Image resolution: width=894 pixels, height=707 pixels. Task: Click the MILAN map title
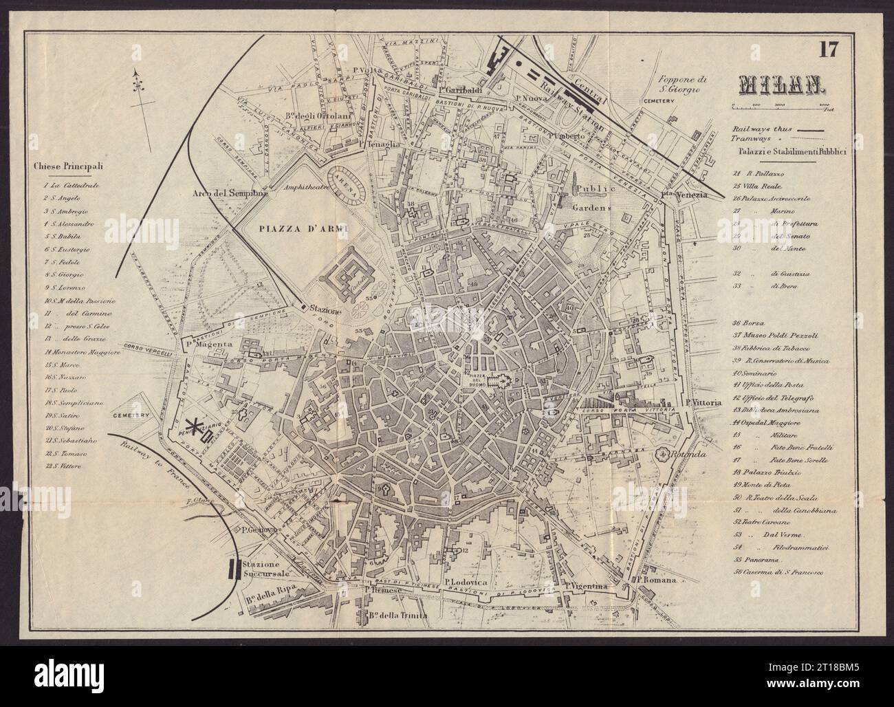tap(781, 84)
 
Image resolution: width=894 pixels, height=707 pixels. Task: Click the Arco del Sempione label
tap(222, 193)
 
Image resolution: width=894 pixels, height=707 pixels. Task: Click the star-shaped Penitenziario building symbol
tap(200, 430)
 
